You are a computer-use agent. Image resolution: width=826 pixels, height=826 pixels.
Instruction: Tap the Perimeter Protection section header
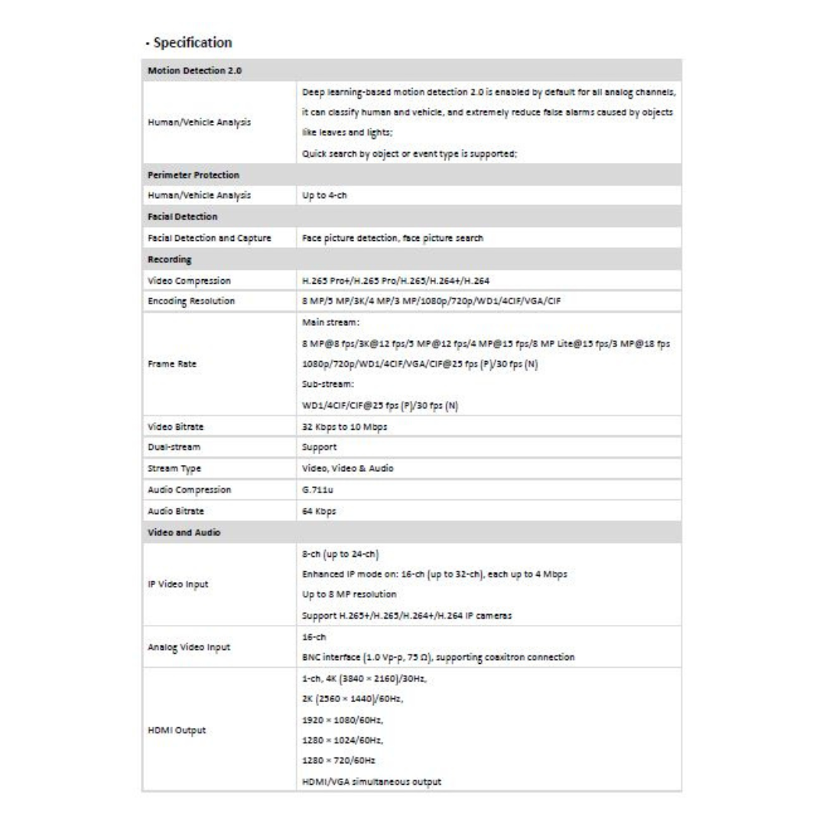click(193, 175)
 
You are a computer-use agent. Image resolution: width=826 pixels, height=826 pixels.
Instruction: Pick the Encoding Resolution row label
click(191, 301)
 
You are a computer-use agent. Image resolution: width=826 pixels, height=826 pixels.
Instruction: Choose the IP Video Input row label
click(177, 584)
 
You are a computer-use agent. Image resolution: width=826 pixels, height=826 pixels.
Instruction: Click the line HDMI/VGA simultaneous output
click(372, 782)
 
